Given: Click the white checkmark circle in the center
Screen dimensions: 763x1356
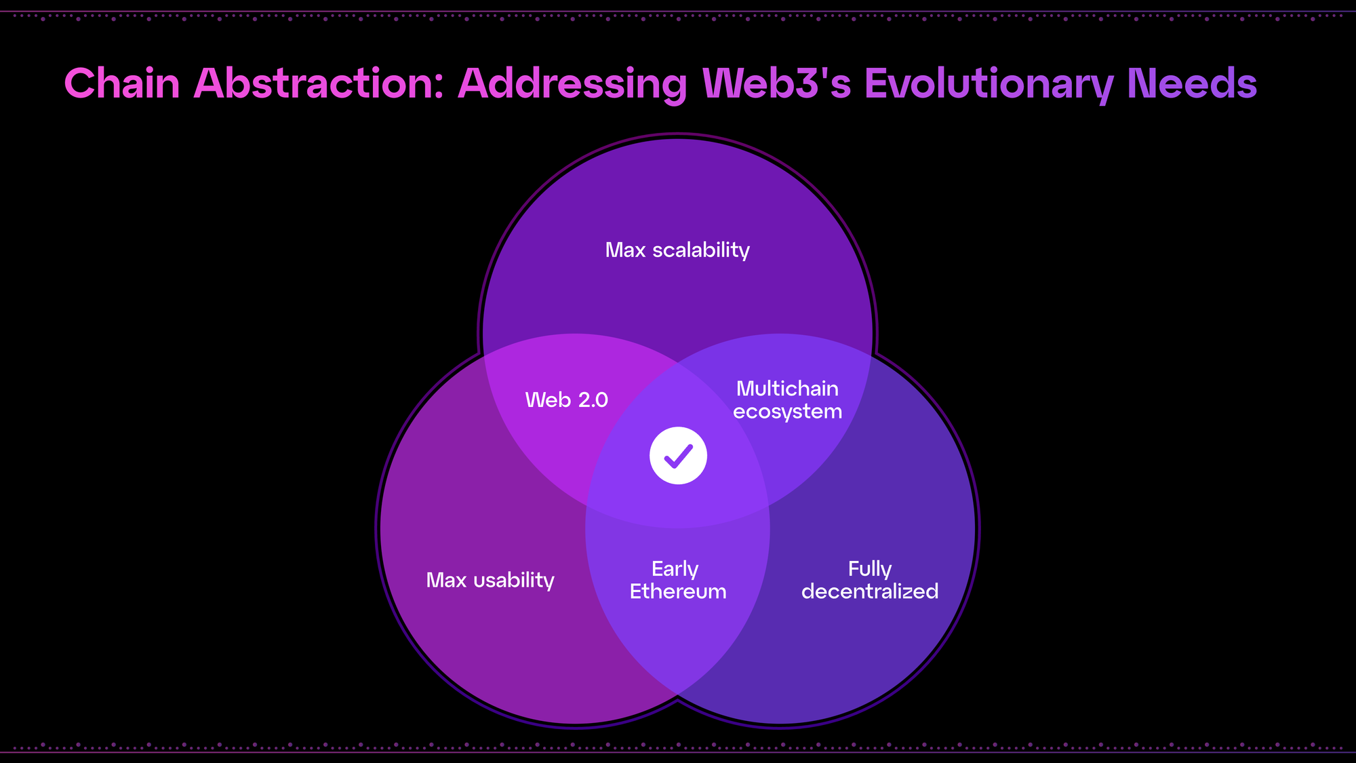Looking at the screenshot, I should (x=678, y=456).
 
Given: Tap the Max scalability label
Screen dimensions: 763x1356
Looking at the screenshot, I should (x=677, y=250).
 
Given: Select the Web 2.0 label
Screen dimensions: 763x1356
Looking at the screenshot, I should (x=566, y=400).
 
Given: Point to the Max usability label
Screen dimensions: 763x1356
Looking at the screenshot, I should (x=490, y=581).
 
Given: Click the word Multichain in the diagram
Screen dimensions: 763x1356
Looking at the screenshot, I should (x=787, y=389).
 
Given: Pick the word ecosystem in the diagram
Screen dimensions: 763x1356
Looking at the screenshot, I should (x=787, y=412).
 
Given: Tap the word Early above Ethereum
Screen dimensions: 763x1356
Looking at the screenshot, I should (x=675, y=569).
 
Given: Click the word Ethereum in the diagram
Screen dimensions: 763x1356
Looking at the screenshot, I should (x=678, y=591).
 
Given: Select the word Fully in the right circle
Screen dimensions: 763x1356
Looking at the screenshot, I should (x=870, y=569).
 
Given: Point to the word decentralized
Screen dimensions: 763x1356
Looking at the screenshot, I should (x=870, y=591).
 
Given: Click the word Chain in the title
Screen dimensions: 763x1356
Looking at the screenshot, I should (x=122, y=84).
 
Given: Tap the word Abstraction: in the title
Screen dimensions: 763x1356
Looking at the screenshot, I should (x=319, y=84).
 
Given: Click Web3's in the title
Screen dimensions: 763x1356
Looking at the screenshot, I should (x=776, y=84).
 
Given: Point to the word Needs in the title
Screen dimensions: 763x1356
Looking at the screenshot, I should (x=1192, y=84).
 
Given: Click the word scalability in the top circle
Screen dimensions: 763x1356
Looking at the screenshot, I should (x=701, y=250).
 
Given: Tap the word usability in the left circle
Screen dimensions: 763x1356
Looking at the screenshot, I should (x=514, y=581).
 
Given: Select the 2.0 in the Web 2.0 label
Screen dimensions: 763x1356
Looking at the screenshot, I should (x=593, y=400).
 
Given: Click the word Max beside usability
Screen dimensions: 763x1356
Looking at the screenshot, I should (x=446, y=581).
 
